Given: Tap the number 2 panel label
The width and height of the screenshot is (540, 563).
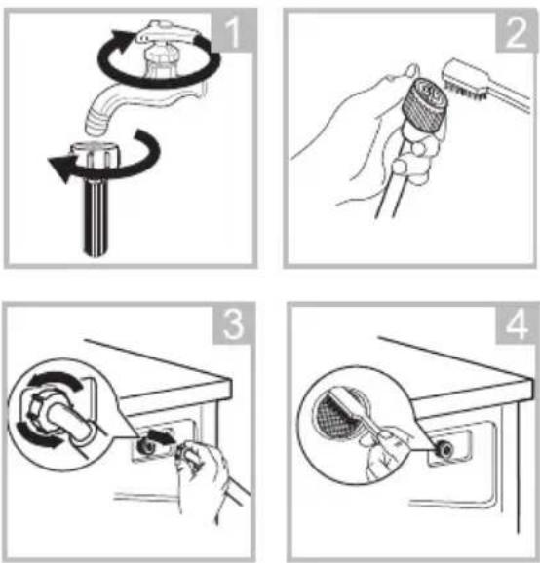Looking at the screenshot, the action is (517, 33).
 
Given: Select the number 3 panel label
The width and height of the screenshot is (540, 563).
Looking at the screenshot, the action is (233, 324).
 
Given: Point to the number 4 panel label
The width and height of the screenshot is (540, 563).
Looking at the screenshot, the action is (517, 324).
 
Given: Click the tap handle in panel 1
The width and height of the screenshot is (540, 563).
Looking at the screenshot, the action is (169, 31).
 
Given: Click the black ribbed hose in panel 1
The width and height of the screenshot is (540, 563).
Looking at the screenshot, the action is (96, 215).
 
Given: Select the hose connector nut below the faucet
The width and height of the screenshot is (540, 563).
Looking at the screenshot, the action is (93, 155).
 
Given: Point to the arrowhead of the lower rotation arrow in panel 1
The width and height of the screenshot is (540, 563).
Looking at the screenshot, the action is (60, 169).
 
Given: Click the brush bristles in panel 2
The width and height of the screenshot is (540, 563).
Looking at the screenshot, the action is (466, 89).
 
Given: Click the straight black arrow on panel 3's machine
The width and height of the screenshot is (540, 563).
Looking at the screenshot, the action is (162, 437).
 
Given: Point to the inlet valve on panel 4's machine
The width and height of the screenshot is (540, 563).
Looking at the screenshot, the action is (445, 449).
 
